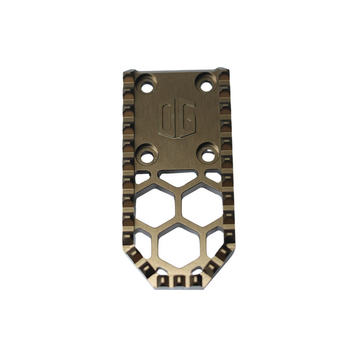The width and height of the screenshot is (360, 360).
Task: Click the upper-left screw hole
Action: coord(147,88)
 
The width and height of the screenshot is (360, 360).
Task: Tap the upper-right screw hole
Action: coord(206,87)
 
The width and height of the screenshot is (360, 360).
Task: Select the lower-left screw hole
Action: coord(147,158)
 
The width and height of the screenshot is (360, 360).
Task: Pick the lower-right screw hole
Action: coord(208,156)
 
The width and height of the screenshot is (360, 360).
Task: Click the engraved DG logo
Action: coord(177,118)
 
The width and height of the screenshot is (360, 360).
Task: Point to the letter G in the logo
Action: coord(187,118)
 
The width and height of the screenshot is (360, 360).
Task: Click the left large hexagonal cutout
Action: coord(155,208)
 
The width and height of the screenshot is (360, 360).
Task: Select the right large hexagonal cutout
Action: coord(202,207)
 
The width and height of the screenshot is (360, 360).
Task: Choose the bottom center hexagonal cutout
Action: coord(179,248)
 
